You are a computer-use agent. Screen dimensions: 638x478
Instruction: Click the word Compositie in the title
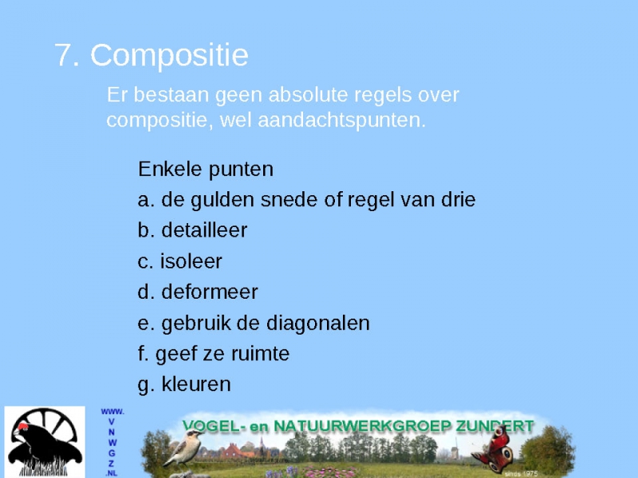click(x=169, y=56)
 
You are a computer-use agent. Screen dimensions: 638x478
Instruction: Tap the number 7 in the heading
click(x=64, y=55)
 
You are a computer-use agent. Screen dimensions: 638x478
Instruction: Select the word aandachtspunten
click(x=341, y=120)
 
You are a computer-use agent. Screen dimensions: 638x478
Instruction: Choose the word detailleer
click(x=204, y=230)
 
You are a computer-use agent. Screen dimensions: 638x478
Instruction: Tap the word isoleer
click(x=191, y=261)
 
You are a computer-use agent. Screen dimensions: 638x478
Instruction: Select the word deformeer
click(x=210, y=292)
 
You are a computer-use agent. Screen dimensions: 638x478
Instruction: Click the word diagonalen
click(x=317, y=323)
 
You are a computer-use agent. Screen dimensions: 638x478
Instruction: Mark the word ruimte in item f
click(x=262, y=354)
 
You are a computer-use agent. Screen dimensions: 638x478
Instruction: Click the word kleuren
click(x=196, y=384)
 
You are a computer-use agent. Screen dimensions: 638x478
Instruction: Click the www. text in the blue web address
click(x=112, y=412)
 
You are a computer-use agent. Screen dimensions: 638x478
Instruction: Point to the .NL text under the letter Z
click(x=112, y=473)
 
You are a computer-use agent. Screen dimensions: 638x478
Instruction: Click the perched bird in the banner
click(x=184, y=449)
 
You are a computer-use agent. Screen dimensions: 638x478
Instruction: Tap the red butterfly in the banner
click(x=494, y=449)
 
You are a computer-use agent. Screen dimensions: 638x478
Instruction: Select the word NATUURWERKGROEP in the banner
click(x=363, y=426)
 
